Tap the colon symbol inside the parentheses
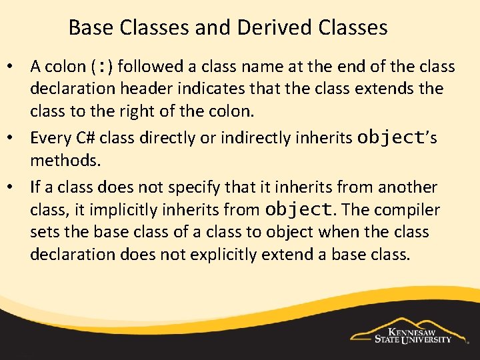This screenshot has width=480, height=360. pyautogui.click(x=101, y=67)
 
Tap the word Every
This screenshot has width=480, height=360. pyautogui.click(x=49, y=138)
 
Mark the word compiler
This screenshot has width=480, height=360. pyautogui.click(x=407, y=210)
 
